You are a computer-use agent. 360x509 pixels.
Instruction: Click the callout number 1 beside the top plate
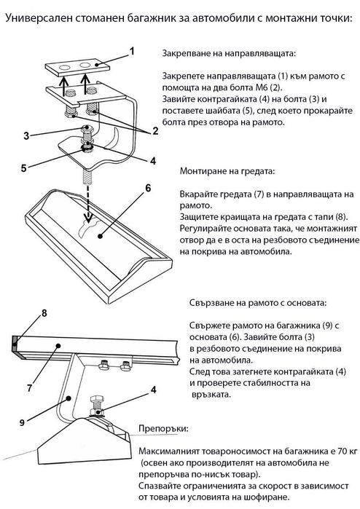132,51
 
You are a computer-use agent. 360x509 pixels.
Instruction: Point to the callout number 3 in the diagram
25,135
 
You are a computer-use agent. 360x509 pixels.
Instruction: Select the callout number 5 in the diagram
24,168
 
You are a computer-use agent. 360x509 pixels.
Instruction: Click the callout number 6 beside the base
147,188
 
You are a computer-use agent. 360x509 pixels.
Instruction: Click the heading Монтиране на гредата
227,173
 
